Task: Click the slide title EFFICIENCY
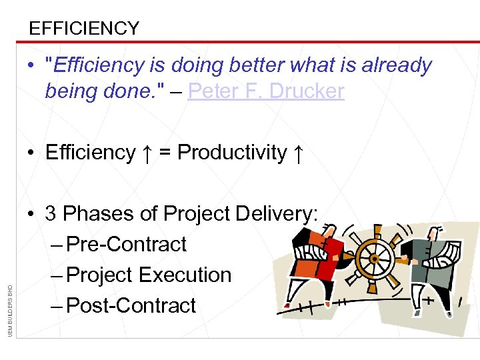84,28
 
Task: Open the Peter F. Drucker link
266,91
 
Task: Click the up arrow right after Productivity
299,153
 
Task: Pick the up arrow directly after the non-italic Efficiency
147,153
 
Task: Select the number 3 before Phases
51,214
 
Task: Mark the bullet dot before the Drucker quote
31,66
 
